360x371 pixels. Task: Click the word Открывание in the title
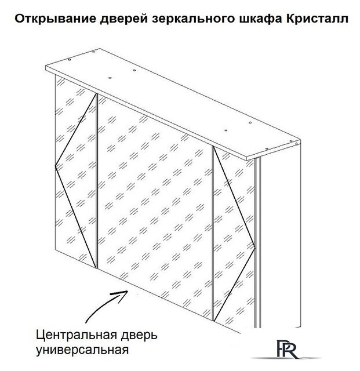tap(56, 19)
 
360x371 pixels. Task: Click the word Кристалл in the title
tap(317, 19)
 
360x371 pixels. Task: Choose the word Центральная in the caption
tap(77, 335)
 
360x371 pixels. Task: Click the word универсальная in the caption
tap(82, 350)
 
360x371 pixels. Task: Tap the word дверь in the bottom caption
tap(139, 335)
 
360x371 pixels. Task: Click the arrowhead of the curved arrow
tap(128, 292)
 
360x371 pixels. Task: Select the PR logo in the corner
tap(287, 349)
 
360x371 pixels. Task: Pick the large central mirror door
tap(155, 206)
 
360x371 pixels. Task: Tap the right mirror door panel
tap(234, 237)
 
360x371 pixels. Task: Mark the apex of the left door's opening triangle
tap(55, 166)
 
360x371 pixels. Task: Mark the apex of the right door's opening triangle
tap(255, 248)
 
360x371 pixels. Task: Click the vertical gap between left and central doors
tap(97, 181)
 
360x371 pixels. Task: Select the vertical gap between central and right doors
tap(213, 233)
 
